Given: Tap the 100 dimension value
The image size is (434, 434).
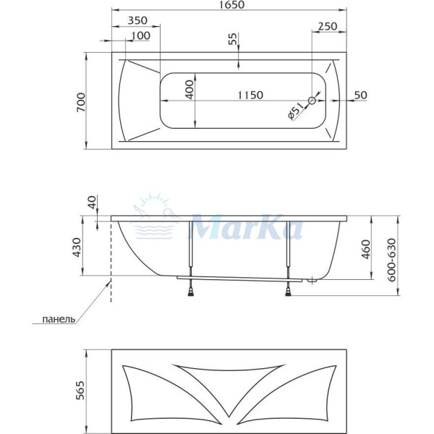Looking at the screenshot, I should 141,35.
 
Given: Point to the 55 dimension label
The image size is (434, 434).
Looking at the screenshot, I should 232,41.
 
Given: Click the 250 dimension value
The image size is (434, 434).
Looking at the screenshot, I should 328,26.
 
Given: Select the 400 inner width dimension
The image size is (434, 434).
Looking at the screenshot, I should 190,88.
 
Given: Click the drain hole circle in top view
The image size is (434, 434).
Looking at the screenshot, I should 312,101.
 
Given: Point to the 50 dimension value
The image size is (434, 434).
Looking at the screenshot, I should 361,95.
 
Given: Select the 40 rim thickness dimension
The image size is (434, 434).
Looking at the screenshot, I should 92,203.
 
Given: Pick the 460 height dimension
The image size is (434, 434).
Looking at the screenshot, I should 365,248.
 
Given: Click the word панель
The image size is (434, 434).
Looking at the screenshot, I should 59,319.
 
